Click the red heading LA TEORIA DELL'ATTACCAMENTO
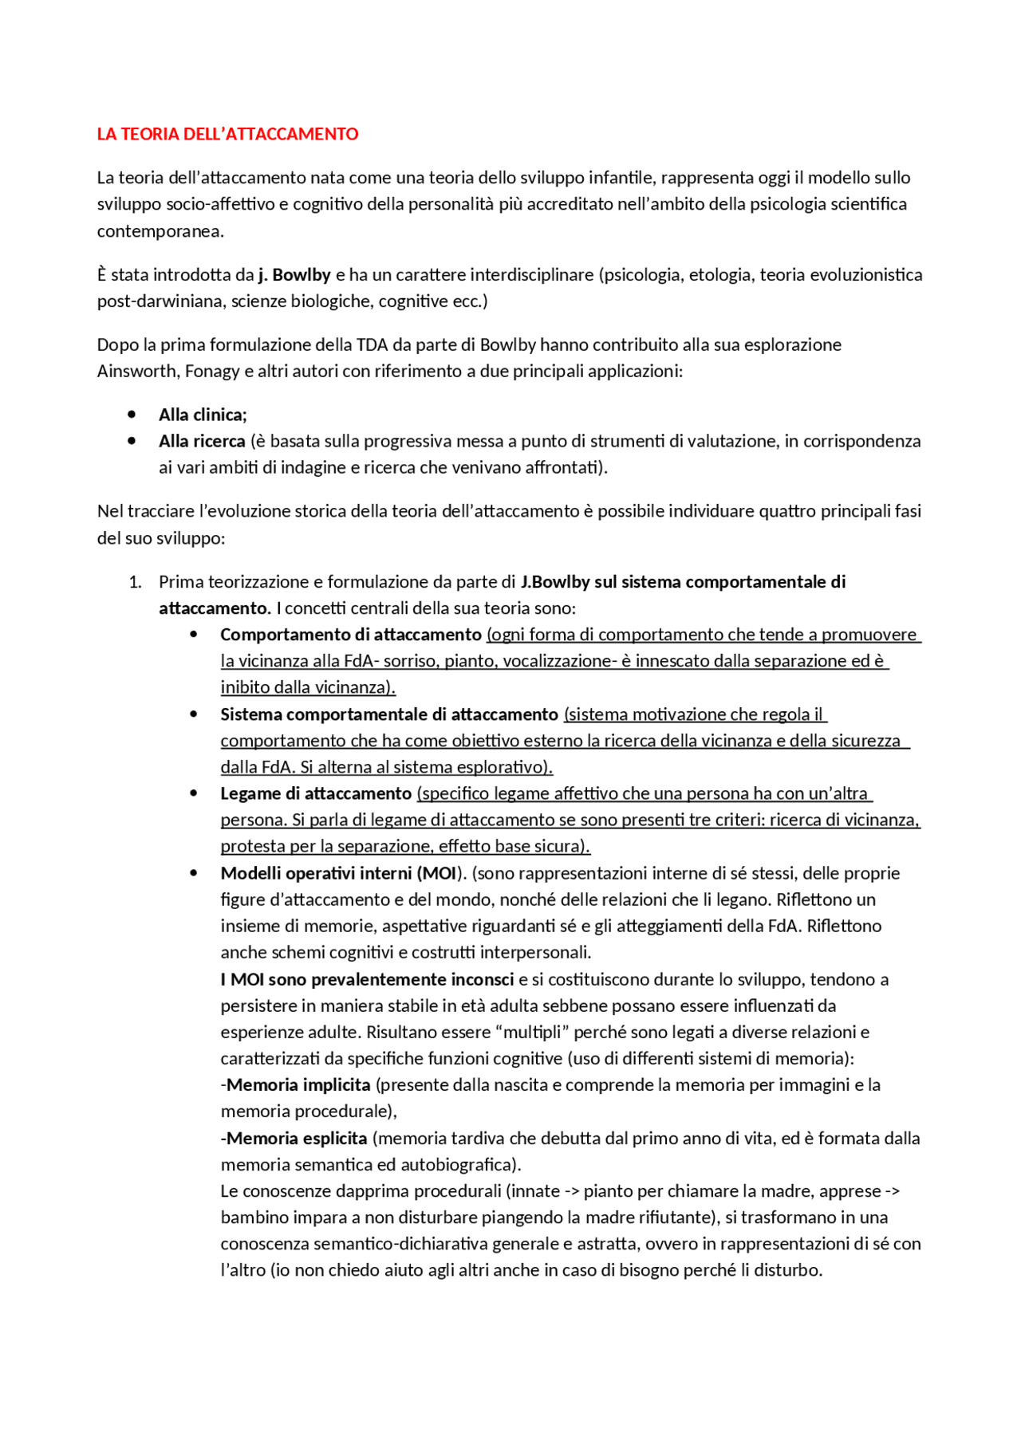point(227,134)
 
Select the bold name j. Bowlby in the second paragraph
point(294,275)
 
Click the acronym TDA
point(372,345)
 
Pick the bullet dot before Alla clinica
point(132,415)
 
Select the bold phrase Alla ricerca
point(202,442)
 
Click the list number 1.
point(135,582)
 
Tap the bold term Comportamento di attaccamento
point(351,635)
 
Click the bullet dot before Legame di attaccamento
point(194,793)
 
